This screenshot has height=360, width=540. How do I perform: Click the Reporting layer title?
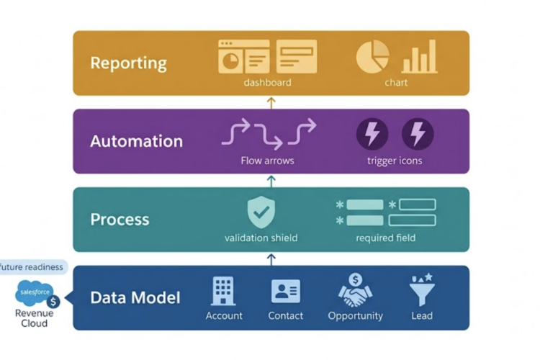pyautogui.click(x=128, y=63)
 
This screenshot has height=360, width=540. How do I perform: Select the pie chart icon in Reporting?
pyautogui.click(x=372, y=56)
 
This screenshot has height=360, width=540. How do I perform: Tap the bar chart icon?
pyautogui.click(x=420, y=56)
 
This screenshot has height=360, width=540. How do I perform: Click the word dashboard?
pyautogui.click(x=267, y=83)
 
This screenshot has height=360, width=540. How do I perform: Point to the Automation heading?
pyautogui.click(x=136, y=141)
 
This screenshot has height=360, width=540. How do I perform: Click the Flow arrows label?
pyautogui.click(x=267, y=161)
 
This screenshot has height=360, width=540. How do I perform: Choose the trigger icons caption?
pyautogui.click(x=395, y=161)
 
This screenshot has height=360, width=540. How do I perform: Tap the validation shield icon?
pyautogui.click(x=261, y=212)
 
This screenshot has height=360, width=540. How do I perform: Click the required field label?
pyautogui.click(x=386, y=238)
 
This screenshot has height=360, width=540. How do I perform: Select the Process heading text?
pyautogui.click(x=120, y=220)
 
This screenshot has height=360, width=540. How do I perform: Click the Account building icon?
pyautogui.click(x=223, y=291)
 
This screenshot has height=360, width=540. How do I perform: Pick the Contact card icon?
pyautogui.click(x=286, y=291)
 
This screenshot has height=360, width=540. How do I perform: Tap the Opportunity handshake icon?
pyautogui.click(x=356, y=290)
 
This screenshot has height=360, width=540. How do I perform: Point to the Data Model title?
pyautogui.click(x=135, y=298)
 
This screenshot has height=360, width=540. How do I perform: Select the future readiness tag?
pyautogui.click(x=32, y=267)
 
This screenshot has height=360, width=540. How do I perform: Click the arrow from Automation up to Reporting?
pyautogui.click(x=271, y=103)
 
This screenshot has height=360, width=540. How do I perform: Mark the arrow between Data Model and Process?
pyautogui.click(x=271, y=260)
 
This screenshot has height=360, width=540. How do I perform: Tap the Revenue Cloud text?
pyautogui.click(x=34, y=318)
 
